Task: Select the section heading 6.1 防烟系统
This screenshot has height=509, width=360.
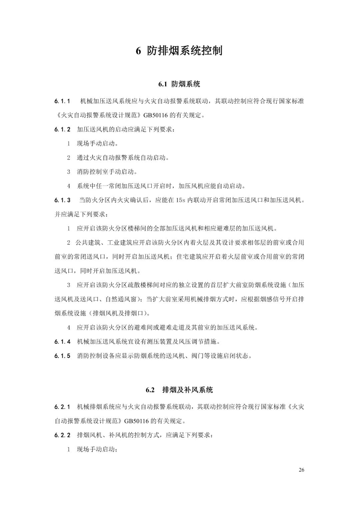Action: click(179, 84)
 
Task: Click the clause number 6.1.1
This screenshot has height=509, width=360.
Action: click(62, 101)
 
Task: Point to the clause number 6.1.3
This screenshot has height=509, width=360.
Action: click(62, 200)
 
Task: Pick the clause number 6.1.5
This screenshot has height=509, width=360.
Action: click(62, 356)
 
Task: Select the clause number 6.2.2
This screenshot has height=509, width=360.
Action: click(62, 435)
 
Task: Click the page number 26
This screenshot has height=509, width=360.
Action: click(301, 470)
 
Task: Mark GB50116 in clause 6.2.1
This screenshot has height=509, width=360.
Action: click(136, 421)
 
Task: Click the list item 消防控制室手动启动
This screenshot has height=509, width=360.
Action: click(107, 172)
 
